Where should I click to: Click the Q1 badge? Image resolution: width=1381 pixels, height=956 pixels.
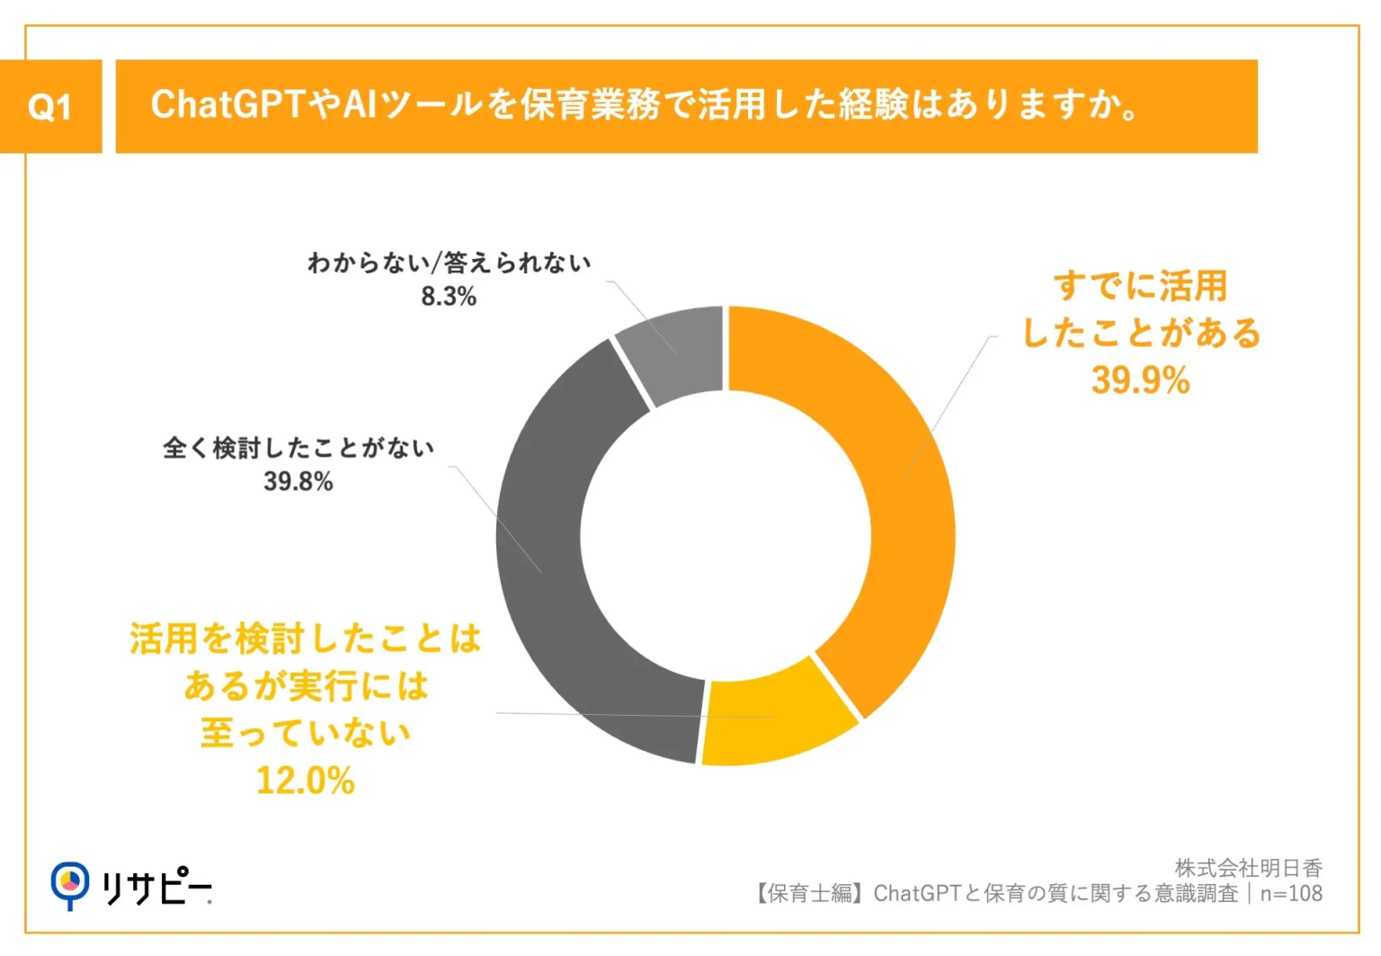50,107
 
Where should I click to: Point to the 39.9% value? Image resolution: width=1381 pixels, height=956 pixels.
1140,380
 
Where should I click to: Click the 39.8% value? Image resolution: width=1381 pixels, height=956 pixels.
298,482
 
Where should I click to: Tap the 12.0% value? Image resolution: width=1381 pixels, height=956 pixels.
306,781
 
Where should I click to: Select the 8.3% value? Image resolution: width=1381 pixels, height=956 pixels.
449,297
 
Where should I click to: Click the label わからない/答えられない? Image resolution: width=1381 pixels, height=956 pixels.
449,264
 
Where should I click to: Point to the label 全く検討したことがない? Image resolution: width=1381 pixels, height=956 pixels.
298,448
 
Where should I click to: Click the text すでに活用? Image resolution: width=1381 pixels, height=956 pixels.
1140,286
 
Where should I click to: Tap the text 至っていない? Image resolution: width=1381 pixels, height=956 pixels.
306,733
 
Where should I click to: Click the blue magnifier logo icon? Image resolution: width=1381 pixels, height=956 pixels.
70,885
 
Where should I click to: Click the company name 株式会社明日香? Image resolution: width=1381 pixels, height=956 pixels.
1248,868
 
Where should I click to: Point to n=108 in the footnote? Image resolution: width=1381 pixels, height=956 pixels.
1291,894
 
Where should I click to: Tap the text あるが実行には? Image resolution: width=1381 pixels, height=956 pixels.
306,686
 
